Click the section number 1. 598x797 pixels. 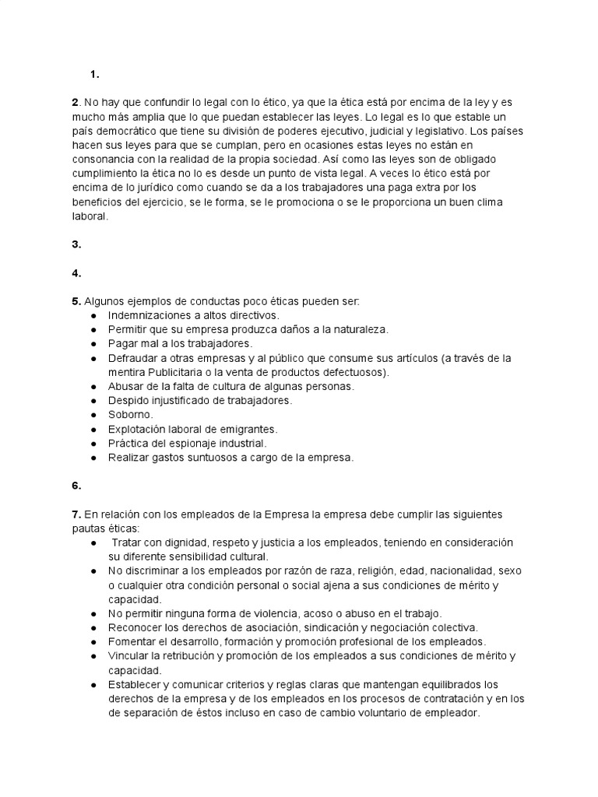pos(94,75)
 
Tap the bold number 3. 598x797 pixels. pos(76,244)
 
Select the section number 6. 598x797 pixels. pos(76,486)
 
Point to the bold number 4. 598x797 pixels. pos(76,273)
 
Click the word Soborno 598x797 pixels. pos(131,415)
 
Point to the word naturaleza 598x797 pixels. pos(354,329)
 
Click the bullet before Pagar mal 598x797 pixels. pos(93,343)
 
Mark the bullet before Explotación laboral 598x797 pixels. pos(93,429)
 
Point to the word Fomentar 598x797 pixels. pos(135,641)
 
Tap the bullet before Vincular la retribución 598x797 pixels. pos(93,656)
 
